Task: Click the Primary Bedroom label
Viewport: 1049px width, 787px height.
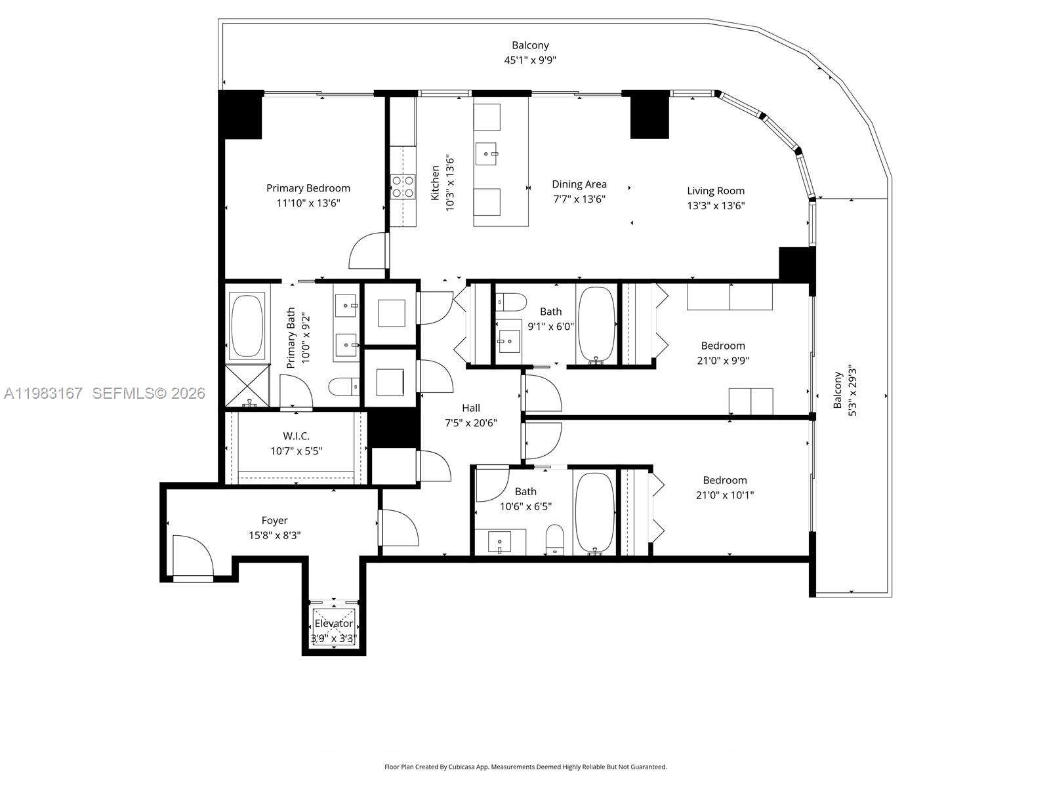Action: point(308,188)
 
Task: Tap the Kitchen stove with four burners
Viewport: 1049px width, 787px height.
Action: point(403,186)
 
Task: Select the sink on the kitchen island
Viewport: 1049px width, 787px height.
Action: point(486,156)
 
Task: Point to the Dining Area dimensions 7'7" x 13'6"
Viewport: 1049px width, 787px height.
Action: point(579,199)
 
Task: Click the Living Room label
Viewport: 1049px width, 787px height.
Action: point(716,191)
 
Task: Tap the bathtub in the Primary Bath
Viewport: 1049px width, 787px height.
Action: point(247,325)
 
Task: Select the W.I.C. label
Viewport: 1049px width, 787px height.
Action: point(297,436)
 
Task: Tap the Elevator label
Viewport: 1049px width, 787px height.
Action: point(333,623)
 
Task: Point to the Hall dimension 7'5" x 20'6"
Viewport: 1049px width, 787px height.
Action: point(470,423)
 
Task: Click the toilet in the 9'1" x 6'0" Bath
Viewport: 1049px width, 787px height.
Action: point(512,302)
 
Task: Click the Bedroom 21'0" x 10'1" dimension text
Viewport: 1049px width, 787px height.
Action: point(725,495)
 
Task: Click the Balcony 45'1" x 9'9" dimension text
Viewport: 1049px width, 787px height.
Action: point(530,60)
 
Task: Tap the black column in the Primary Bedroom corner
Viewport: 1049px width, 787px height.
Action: point(241,114)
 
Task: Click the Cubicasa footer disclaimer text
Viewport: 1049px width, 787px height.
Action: point(525,766)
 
